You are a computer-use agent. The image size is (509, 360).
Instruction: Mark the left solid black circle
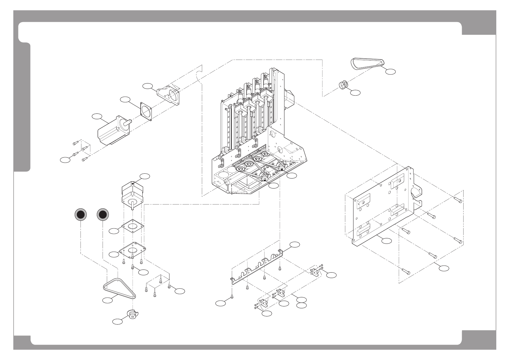pos(81,214)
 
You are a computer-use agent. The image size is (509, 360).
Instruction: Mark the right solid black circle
pos(103,214)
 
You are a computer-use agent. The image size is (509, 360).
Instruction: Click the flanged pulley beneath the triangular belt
pos(132,314)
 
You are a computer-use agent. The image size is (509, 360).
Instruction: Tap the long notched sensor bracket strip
pos(257,264)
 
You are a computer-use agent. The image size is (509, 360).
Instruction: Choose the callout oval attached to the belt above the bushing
pos(391,71)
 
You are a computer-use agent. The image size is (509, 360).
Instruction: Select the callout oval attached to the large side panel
pos(386,241)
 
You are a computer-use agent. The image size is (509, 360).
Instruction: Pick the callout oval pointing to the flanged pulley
pos(117,322)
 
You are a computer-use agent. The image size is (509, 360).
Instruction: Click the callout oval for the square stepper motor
pos(145,176)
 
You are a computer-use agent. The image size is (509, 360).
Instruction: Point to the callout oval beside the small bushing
pos(356,93)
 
